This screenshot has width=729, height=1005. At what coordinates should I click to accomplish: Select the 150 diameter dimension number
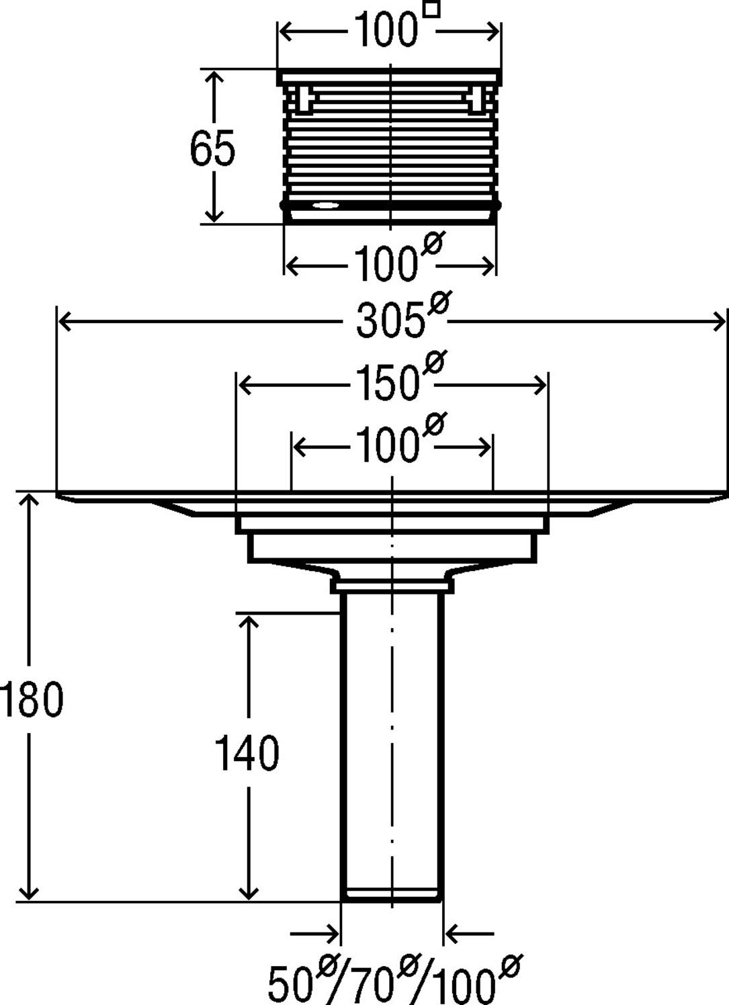tap(388, 384)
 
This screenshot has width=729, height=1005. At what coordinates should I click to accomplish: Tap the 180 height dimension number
tap(32, 699)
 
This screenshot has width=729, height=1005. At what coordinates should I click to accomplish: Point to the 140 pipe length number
tap(247, 753)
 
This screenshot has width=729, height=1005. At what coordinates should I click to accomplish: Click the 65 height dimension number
tap(212, 148)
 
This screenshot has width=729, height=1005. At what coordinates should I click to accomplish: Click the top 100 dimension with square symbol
tap(385, 31)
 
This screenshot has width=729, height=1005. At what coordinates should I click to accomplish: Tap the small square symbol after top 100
tap(433, 10)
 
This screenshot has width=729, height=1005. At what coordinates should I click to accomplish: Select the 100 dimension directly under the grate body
tap(385, 264)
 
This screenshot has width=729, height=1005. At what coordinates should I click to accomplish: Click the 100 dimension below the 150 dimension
tap(386, 447)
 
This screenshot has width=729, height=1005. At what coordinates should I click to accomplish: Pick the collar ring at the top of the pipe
tap(392, 586)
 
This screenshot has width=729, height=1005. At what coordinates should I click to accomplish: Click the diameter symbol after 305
tap(437, 304)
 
